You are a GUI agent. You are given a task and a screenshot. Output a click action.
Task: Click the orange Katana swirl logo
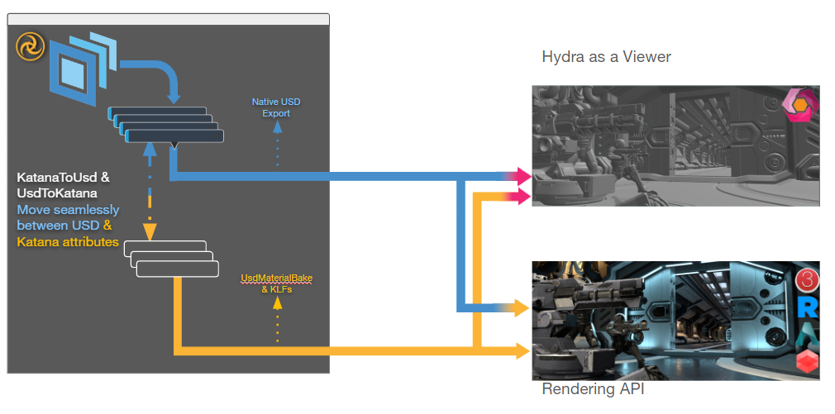30,46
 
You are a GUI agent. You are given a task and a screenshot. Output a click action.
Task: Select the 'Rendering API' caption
593,389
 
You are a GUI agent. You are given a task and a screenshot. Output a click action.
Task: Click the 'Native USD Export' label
276,107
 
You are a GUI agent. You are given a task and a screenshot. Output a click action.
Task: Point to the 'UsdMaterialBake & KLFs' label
276,283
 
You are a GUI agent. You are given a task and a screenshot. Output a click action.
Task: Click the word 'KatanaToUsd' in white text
63,177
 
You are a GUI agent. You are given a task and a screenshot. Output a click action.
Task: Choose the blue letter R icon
808,308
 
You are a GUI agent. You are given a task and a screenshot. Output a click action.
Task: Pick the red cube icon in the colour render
807,362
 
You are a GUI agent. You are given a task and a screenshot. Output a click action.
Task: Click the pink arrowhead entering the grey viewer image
521,176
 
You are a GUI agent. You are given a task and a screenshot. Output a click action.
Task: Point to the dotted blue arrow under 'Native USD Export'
277,145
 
